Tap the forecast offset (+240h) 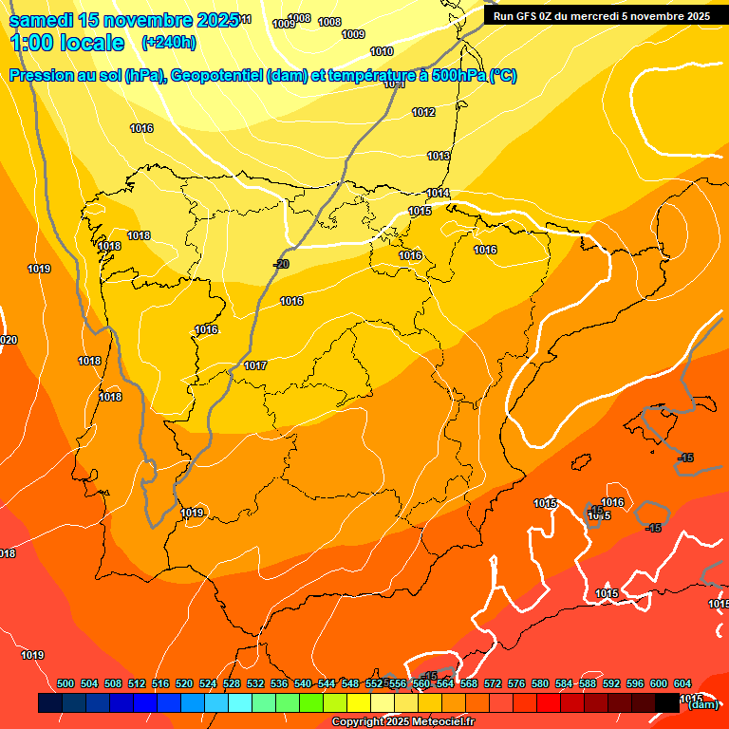(x=168, y=42)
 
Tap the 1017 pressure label (x=255, y=365)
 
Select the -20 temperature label (x=281, y=264)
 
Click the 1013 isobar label (x=439, y=156)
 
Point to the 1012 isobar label (x=423, y=112)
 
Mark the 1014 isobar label (x=438, y=193)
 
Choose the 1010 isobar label (x=382, y=51)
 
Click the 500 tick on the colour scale (x=65, y=684)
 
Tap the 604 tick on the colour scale (x=682, y=684)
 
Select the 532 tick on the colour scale (x=255, y=684)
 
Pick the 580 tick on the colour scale (x=540, y=684)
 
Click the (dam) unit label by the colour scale (x=702, y=703)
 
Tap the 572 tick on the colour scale (x=493, y=684)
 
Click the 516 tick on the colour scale (x=160, y=684)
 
